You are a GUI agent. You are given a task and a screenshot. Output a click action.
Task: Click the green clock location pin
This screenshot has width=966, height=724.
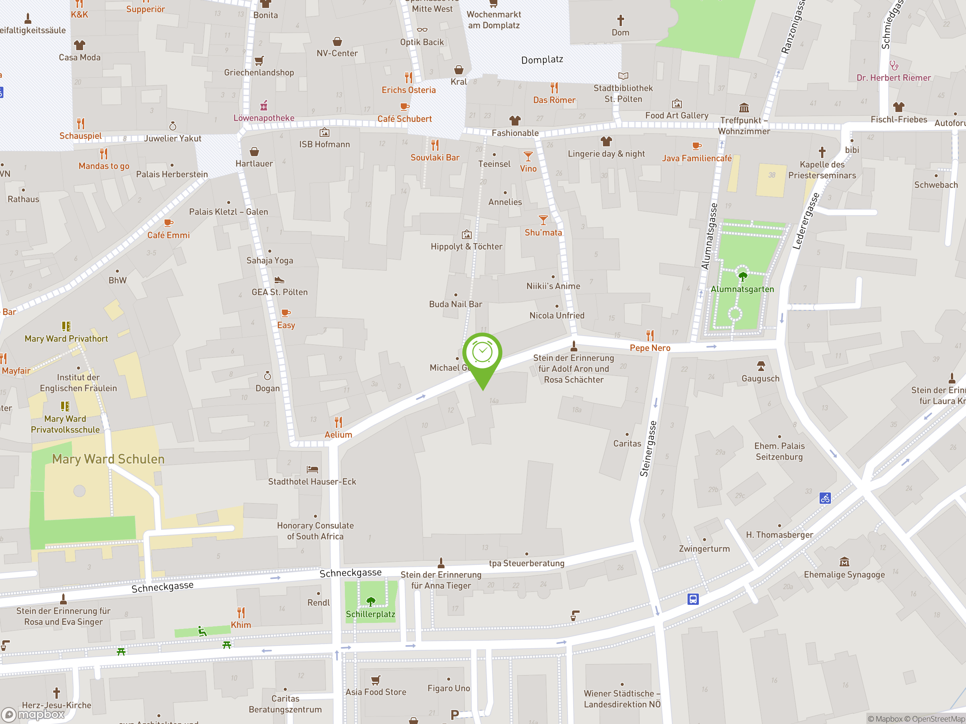coord(482,353)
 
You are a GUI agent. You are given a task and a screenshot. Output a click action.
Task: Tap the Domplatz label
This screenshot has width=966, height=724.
coord(542,60)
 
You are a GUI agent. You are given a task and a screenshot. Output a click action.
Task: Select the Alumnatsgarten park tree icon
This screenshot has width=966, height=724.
coord(742,276)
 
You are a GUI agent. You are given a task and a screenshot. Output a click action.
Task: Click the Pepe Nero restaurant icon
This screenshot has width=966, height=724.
coord(650,335)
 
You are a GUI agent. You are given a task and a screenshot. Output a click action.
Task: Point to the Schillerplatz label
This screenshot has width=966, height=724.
coord(370,614)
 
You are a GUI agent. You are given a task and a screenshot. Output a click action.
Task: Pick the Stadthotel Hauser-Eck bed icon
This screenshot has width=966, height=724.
coord(312,469)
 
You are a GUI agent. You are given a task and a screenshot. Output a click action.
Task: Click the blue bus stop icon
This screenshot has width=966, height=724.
coord(693,599)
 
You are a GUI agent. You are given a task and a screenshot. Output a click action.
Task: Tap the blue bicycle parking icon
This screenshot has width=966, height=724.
coord(825,498)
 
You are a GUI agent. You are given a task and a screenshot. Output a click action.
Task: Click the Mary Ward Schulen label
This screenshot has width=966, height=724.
coord(108,459)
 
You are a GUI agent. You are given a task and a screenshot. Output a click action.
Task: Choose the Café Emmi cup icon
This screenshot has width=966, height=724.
coord(168,223)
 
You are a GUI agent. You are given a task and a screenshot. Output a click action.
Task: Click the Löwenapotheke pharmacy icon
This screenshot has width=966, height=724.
coord(264,106)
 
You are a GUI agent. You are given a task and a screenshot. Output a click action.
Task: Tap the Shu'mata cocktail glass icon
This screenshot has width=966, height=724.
coord(543,220)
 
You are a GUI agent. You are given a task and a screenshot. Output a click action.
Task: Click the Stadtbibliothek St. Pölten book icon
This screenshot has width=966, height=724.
coord(623,76)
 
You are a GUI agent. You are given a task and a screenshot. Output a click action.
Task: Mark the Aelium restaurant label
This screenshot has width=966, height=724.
coord(338,435)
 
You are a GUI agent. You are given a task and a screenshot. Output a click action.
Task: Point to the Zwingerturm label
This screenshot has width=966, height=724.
coord(704,549)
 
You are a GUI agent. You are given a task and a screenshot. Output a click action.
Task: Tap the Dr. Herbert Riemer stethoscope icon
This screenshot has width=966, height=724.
coord(894,66)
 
